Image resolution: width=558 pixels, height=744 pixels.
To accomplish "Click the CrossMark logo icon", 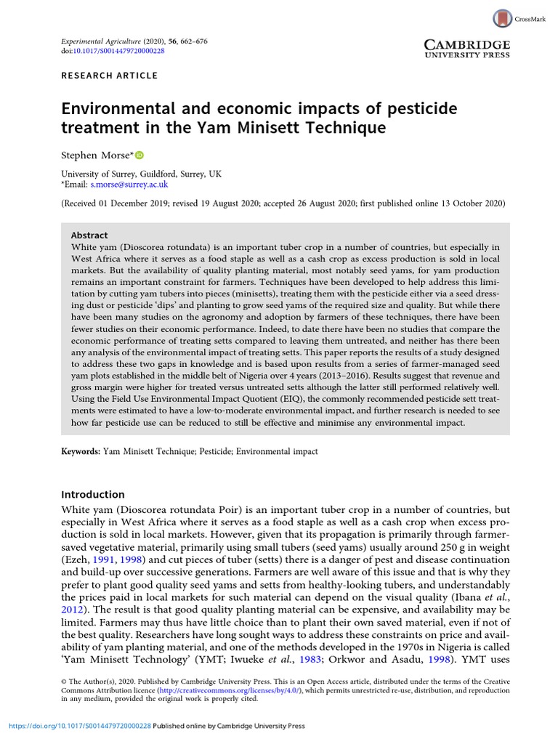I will point(502,19).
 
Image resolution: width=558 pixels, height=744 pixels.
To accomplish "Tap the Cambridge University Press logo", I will point(467,49).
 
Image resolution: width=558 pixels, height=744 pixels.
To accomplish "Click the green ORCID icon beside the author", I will point(139,155).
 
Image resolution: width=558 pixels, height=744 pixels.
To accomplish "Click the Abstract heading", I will point(89,235).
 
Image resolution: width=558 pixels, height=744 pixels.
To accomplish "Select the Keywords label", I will point(80,452).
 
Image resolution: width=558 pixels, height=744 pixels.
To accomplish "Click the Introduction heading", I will point(93,495).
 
